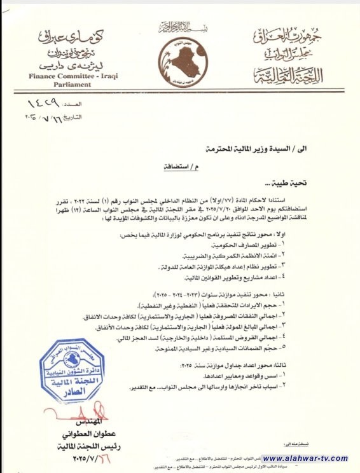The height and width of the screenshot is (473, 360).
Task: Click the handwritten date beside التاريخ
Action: coord(44,118)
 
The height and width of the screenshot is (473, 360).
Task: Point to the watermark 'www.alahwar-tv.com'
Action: coord(305,458)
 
